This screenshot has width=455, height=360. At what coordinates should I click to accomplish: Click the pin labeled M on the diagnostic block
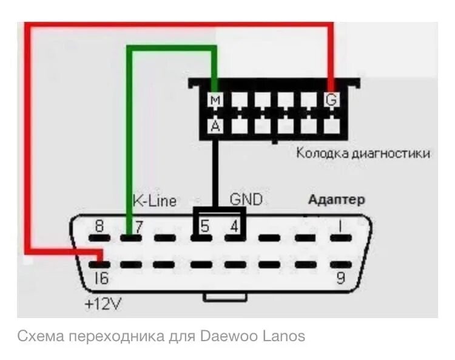[x=215, y=100]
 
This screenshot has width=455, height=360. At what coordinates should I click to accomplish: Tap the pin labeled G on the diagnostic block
[x=331, y=100]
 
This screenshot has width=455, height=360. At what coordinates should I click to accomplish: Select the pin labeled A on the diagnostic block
[x=215, y=126]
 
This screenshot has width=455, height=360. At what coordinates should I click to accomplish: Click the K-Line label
[x=154, y=200]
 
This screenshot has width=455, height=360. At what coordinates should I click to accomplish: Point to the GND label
[x=246, y=199]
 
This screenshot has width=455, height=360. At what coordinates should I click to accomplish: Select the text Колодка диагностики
[x=363, y=153]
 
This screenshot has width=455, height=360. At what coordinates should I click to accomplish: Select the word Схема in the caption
[x=41, y=336]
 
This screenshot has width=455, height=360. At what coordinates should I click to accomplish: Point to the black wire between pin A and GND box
[x=215, y=170]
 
